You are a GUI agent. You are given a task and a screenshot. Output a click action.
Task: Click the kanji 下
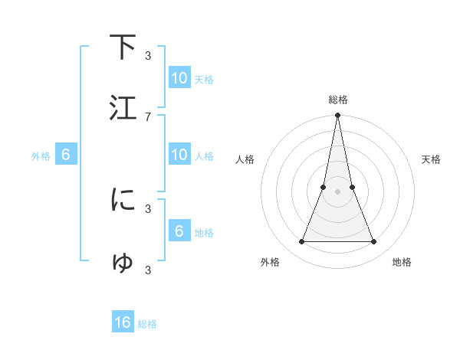point(123,47)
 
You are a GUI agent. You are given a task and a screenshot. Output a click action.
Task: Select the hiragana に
point(123,200)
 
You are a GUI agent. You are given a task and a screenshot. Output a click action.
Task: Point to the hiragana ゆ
point(123,263)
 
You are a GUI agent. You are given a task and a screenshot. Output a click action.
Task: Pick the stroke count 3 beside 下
point(147,55)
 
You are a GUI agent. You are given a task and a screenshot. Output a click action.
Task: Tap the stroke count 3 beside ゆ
point(147,270)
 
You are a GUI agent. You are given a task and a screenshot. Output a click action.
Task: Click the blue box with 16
point(123,322)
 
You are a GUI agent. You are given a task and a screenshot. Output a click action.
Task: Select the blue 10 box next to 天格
point(179,78)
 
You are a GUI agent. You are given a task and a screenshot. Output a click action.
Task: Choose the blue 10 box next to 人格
point(179,155)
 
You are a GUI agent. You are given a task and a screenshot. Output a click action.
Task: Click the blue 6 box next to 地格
point(179,231)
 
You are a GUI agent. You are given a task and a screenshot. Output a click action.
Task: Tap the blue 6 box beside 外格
point(66,155)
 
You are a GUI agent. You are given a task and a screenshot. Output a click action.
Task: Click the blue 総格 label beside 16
point(147,324)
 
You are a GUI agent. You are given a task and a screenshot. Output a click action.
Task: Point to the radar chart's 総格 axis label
point(337,100)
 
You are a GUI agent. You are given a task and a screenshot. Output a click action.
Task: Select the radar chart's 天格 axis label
point(432,159)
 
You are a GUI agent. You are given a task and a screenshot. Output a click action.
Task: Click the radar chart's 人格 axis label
point(245,159)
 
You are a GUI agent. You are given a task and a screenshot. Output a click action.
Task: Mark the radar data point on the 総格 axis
point(337,116)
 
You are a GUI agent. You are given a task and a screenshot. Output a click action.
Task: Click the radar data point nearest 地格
point(374,242)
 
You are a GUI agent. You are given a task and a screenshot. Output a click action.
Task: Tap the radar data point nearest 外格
point(301,242)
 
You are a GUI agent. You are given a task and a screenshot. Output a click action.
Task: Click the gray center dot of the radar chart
point(337,192)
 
